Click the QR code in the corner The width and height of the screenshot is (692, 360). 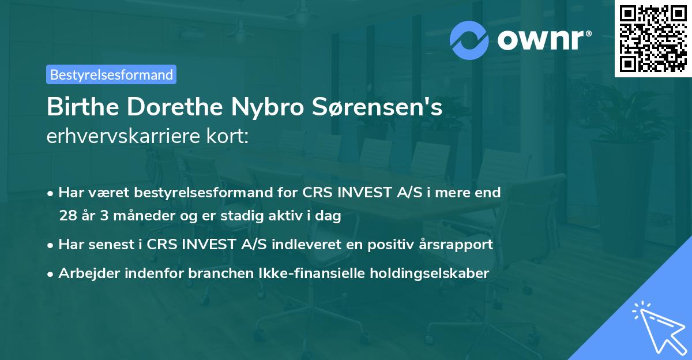coord(653,38)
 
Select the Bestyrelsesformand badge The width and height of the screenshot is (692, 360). coord(111,74)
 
